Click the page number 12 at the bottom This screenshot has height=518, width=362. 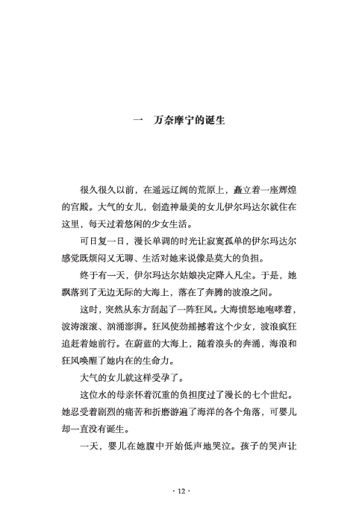coord(181,493)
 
